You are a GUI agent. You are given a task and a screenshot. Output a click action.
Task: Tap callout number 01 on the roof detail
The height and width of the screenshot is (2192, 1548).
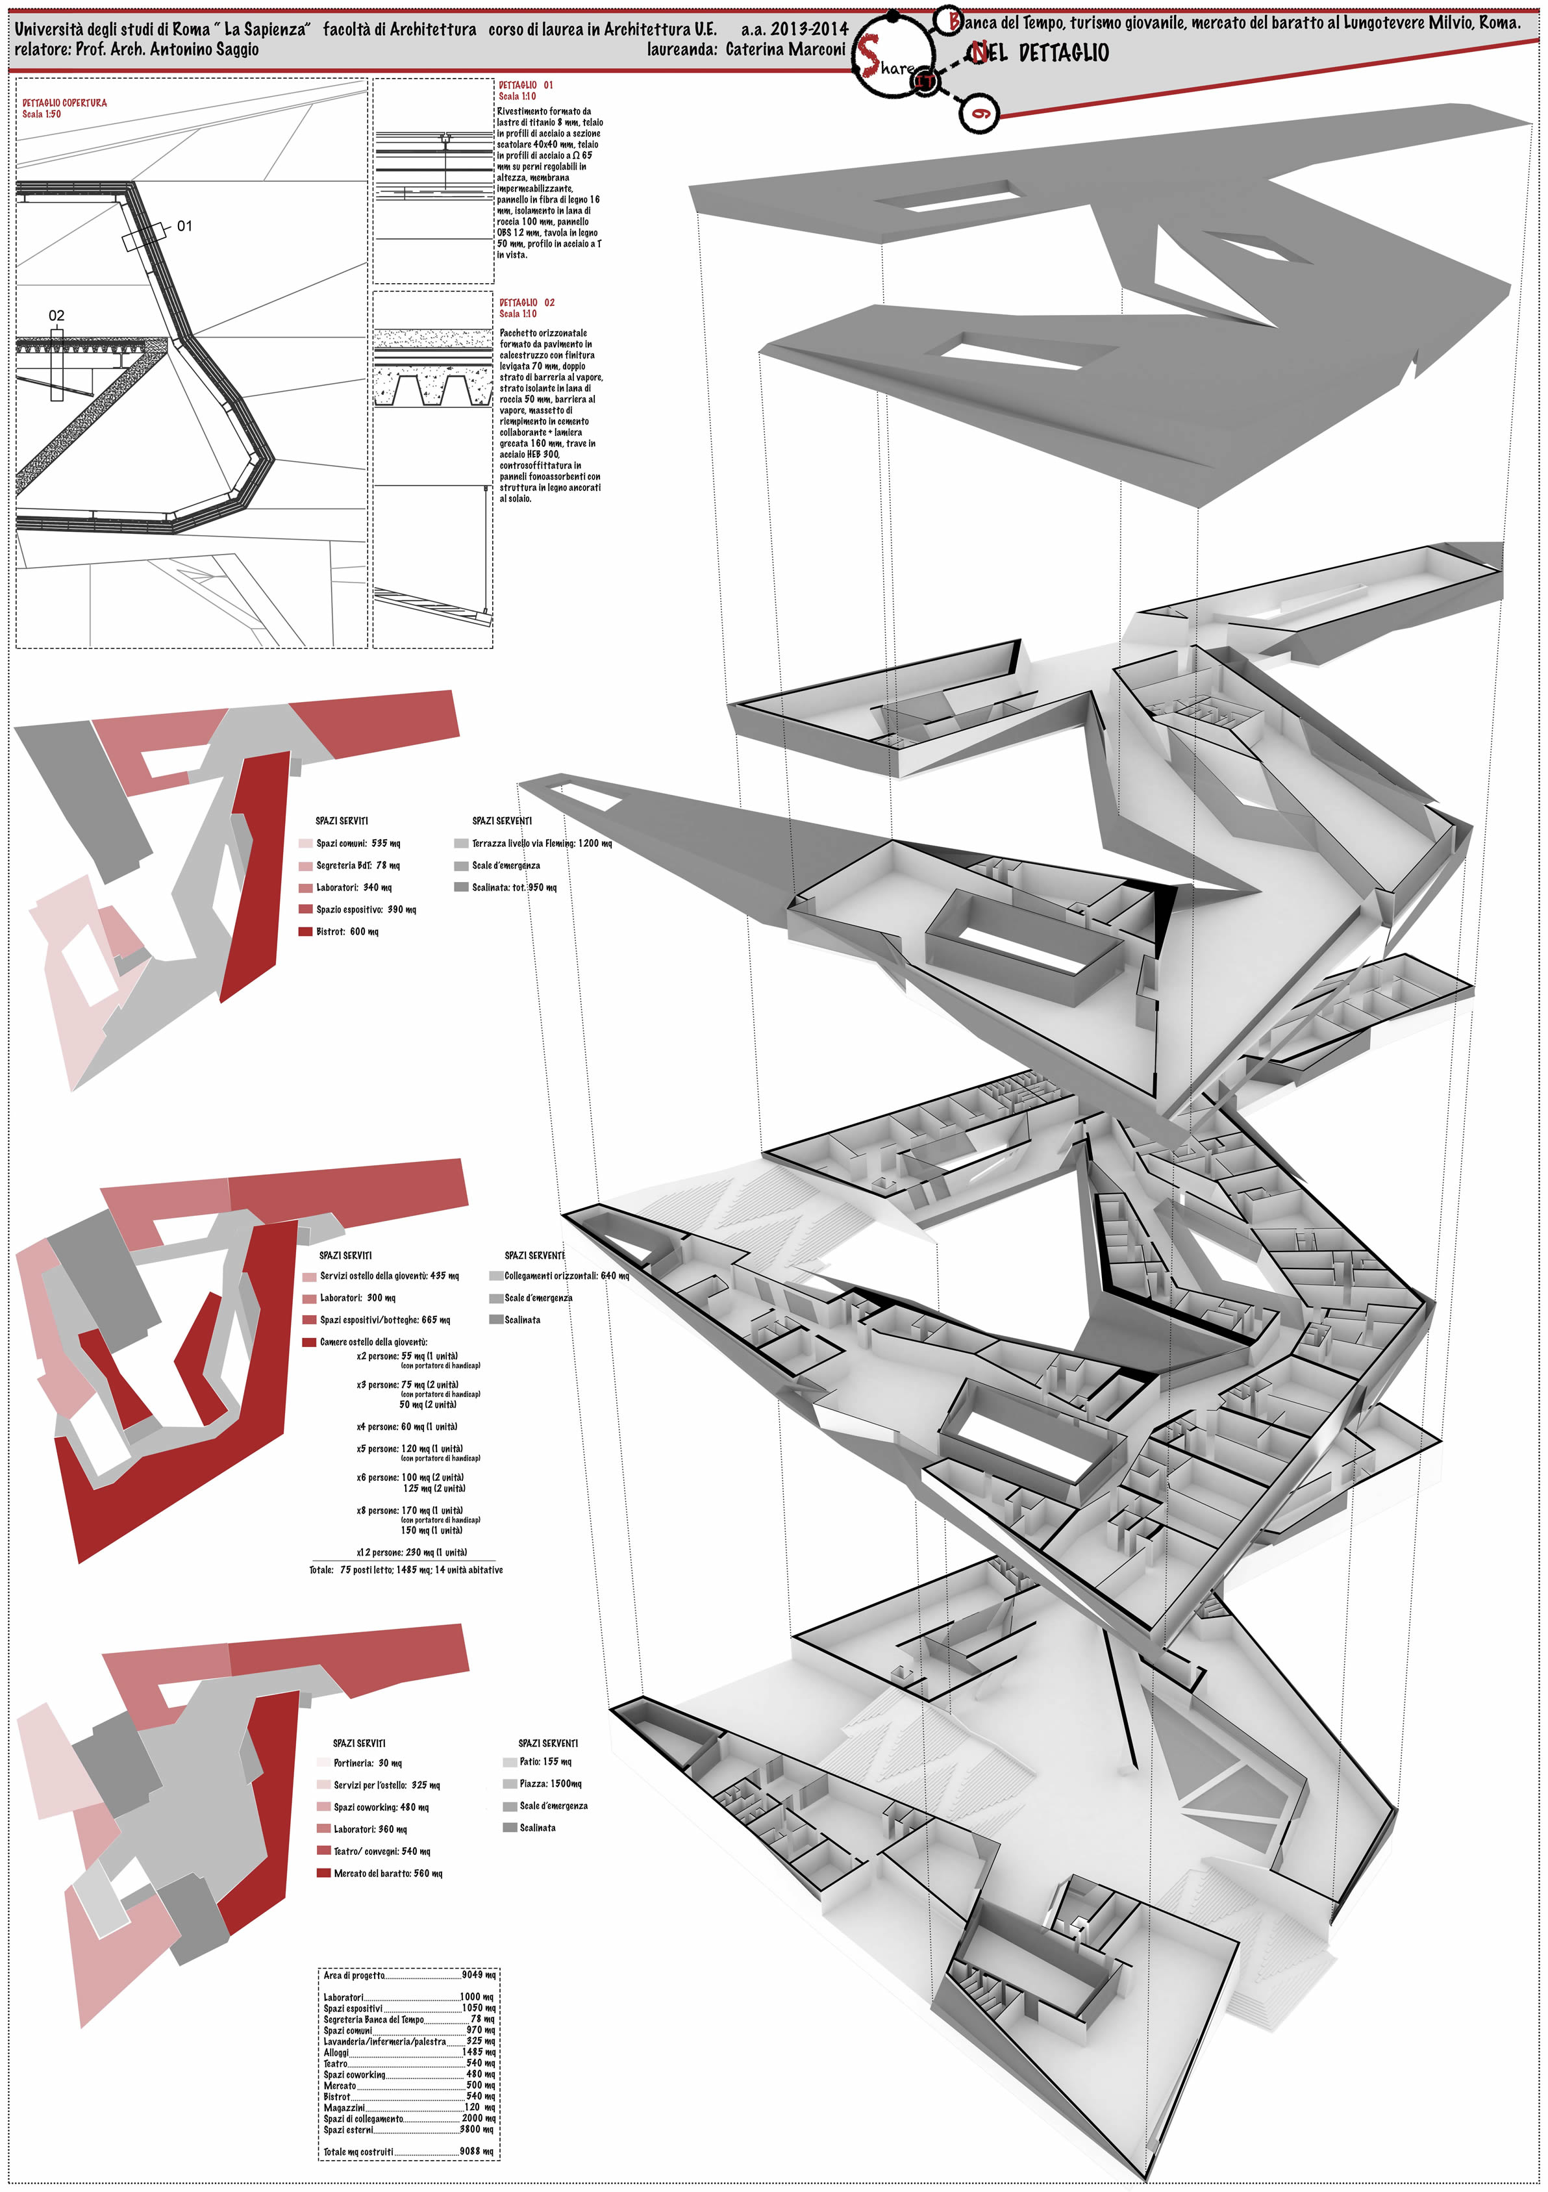click(x=185, y=226)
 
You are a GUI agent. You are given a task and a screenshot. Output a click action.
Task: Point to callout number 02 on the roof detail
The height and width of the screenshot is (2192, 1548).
click(x=56, y=315)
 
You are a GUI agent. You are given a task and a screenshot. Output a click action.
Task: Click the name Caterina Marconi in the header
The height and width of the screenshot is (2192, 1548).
click(x=786, y=49)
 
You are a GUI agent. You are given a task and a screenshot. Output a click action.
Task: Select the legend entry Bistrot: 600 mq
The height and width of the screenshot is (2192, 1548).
click(x=347, y=932)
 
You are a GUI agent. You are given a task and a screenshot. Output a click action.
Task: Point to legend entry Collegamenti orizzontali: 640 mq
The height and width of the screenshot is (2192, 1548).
click(x=566, y=1276)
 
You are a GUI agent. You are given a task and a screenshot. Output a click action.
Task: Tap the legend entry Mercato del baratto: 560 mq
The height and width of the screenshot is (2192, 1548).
click(x=388, y=1874)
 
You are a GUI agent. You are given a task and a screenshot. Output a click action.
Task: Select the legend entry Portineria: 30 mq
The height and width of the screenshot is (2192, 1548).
click(x=368, y=1763)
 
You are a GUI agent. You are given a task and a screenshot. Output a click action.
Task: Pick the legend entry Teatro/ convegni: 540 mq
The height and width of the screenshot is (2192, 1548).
click(x=382, y=1852)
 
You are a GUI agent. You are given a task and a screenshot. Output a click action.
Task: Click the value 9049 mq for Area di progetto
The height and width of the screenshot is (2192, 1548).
click(x=477, y=1975)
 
